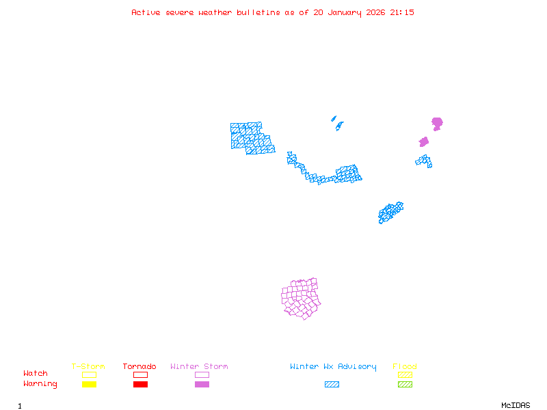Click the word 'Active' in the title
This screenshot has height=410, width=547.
pos(146,12)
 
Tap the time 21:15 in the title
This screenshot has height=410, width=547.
pos(401,12)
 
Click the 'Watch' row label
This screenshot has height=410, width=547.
pos(36,374)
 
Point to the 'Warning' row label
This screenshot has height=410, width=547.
pos(40,384)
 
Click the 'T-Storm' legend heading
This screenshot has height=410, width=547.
pos(88,366)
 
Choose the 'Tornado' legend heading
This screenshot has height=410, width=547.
pos(139,366)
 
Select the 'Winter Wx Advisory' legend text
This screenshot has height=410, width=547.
pos(333,366)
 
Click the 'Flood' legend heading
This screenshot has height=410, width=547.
pos(405,366)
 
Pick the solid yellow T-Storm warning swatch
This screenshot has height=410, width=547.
pos(89,384)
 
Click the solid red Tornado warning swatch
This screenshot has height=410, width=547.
pos(140,384)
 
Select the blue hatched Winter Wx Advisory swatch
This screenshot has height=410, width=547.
pos(332,384)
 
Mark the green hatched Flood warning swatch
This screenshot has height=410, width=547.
pos(405,384)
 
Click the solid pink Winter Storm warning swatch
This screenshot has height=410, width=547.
pos(202,384)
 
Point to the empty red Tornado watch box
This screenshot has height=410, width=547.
pos(140,374)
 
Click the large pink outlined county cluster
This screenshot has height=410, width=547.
pos(302,299)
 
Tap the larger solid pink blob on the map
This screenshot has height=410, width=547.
pos(437,123)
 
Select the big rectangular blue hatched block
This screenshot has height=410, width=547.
pos(250,137)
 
